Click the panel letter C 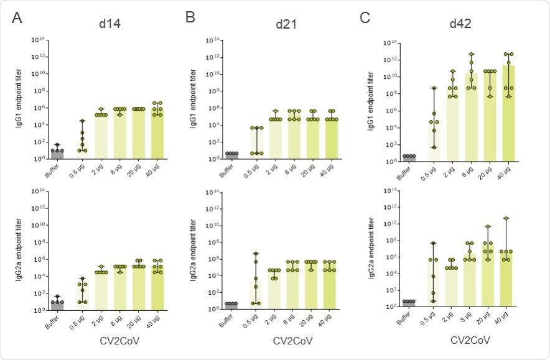[365, 18]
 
